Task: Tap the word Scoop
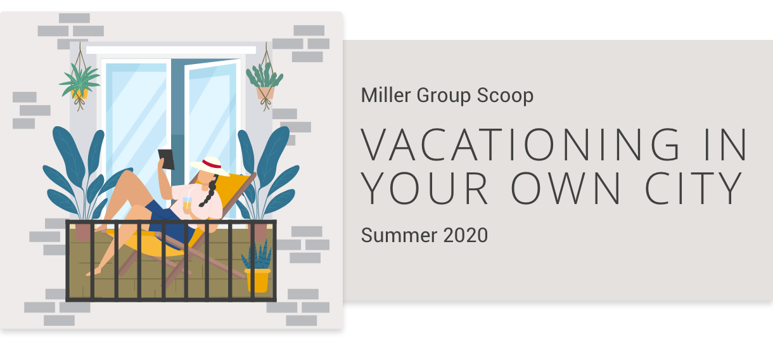point(505,96)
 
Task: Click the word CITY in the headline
point(694,188)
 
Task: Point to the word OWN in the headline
point(565,188)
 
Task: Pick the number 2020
point(466,235)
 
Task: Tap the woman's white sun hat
point(210,166)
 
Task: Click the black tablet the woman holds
point(167,159)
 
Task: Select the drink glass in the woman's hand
point(187,203)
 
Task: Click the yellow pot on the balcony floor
point(257,280)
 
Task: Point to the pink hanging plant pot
point(265,93)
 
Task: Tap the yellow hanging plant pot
point(80,94)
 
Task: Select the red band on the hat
point(211,164)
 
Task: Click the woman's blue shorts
point(165,221)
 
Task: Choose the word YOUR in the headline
point(424,188)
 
